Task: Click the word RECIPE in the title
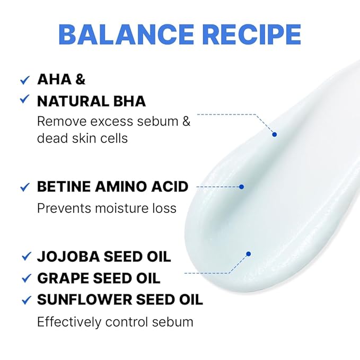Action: tap(250, 34)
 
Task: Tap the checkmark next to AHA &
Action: tap(24, 80)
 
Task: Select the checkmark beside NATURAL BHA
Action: tap(24, 99)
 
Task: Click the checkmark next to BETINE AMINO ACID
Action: tap(24, 187)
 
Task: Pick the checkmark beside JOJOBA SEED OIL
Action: tap(25, 257)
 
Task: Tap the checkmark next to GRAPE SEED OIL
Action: tap(25, 278)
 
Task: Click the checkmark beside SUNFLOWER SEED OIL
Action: tap(25, 300)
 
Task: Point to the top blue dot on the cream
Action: tap(275, 134)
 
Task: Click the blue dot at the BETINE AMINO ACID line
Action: tap(241, 187)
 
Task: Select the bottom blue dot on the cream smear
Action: tap(248, 254)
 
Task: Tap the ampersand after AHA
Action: tap(80, 80)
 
